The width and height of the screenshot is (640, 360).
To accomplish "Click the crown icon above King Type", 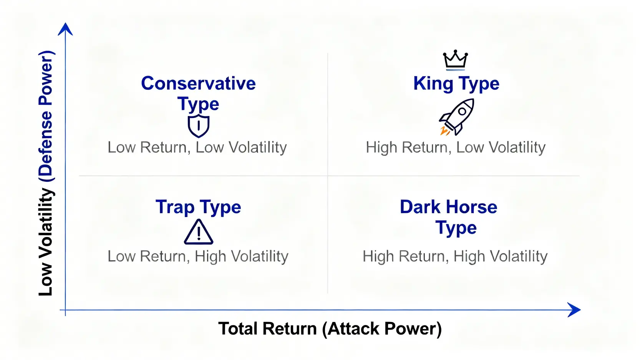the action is (x=456, y=60).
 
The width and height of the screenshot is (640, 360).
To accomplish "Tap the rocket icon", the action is (x=457, y=117).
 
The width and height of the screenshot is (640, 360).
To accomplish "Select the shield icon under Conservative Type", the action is (x=199, y=126).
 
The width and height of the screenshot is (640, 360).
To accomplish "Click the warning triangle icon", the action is (x=199, y=232).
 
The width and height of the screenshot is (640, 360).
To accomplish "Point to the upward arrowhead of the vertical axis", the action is (x=65, y=29).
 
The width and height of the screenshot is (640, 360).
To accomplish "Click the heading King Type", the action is (x=456, y=83).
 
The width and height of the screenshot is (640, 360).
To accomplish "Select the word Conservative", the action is (x=198, y=83).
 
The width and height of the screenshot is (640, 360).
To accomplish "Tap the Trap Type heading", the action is (x=198, y=207).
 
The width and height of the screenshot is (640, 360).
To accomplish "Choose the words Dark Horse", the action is (x=449, y=207).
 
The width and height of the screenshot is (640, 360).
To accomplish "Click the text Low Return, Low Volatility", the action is (x=197, y=148).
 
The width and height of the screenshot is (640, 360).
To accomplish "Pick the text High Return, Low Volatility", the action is (x=456, y=148).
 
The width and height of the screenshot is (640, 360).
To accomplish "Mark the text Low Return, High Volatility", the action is (x=198, y=256).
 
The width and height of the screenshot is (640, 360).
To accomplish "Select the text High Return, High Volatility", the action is (x=455, y=256).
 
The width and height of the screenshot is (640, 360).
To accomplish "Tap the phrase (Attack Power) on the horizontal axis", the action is (x=382, y=329).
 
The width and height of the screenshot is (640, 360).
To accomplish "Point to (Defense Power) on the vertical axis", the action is (x=46, y=116).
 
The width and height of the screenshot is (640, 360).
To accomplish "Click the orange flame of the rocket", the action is (x=444, y=131).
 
